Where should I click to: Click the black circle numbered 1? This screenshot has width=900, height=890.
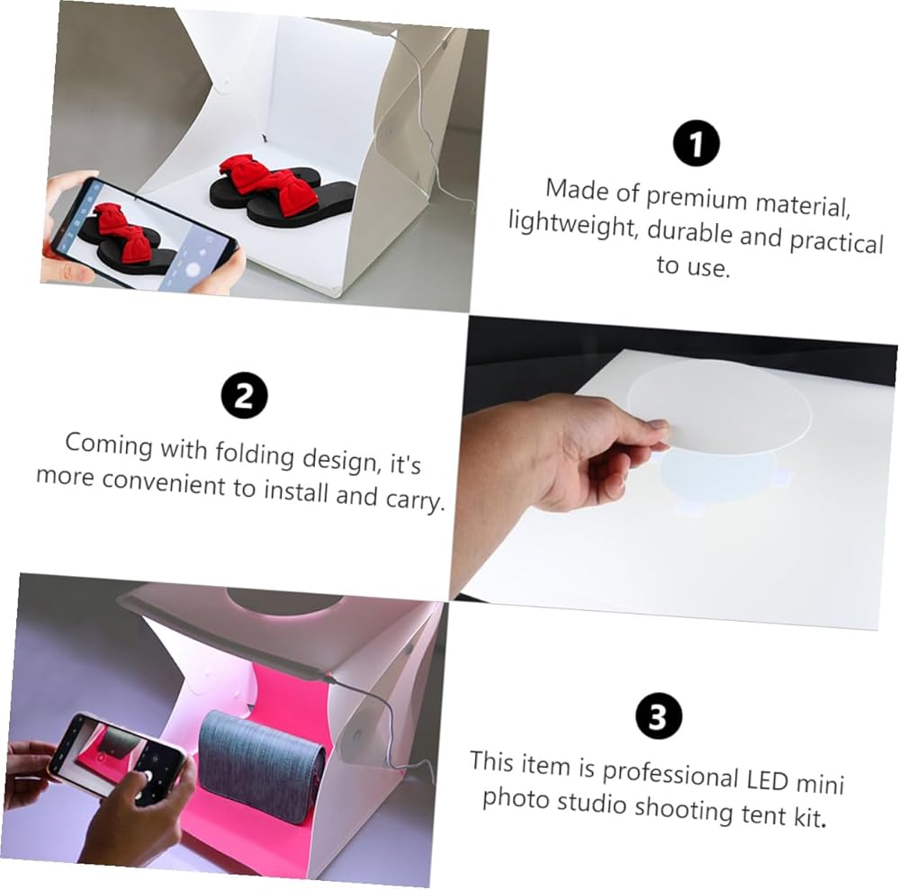click(x=696, y=143)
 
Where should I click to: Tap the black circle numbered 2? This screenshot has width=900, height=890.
click(x=245, y=395)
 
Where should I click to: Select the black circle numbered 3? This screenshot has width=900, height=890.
click(x=659, y=716)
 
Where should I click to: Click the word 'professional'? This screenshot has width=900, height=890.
click(x=669, y=775)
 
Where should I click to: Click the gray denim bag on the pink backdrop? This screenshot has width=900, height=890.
click(x=261, y=757)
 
